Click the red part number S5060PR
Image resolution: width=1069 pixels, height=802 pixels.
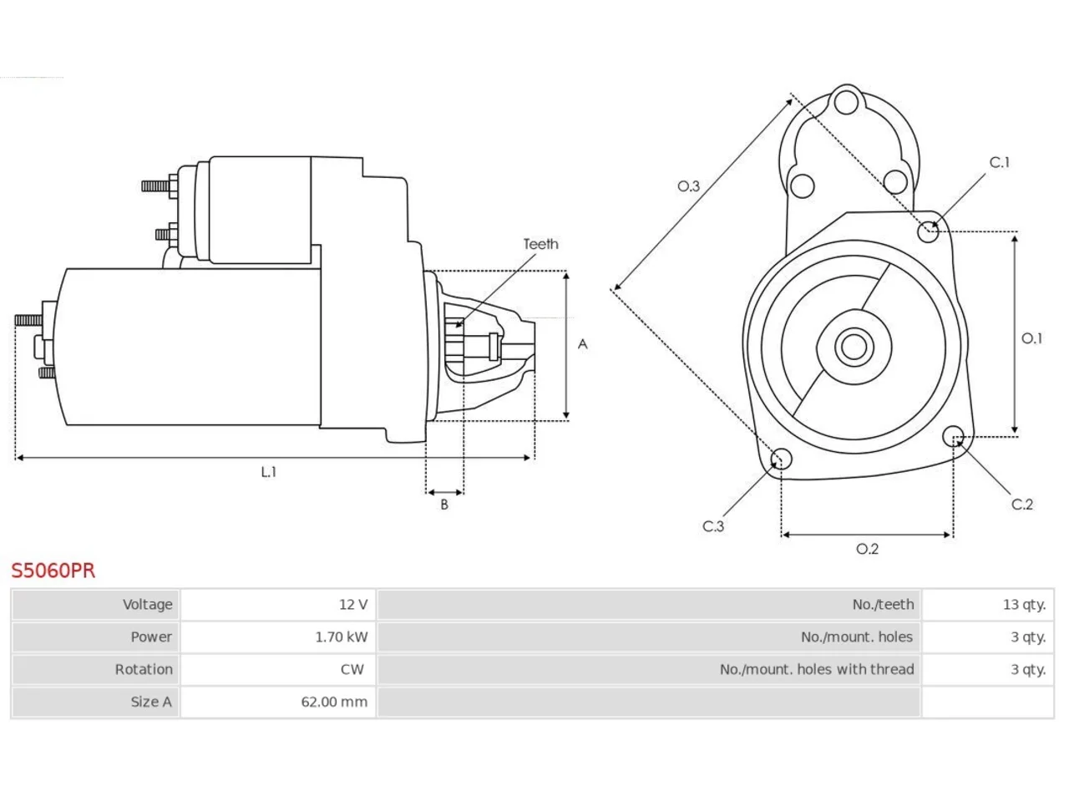click(53, 571)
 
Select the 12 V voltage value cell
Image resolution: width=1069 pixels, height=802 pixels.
click(278, 604)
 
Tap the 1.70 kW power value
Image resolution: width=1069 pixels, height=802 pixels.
click(342, 637)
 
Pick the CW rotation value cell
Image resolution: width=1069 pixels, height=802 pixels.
click(278, 669)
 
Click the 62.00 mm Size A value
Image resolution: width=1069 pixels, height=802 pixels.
click(334, 702)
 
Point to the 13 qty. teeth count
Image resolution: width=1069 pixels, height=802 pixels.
click(1024, 604)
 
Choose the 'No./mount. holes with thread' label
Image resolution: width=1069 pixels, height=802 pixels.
click(817, 669)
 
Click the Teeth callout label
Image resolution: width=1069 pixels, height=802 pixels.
click(540, 244)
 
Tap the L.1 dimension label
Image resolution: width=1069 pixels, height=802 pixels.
click(269, 471)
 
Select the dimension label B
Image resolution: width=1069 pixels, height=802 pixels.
click(444, 505)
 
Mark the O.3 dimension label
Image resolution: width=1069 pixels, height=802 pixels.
click(688, 186)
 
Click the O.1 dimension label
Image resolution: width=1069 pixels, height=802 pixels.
click(1031, 338)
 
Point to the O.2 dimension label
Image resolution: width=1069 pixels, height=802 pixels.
click(868, 549)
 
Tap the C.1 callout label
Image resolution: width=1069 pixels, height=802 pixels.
click(1000, 162)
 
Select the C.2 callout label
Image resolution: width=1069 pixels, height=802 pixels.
click(1021, 504)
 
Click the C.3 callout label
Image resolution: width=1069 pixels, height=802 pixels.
click(713, 526)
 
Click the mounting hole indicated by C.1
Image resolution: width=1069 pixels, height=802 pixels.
click(928, 231)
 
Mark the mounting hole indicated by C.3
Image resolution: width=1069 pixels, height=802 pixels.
click(781, 459)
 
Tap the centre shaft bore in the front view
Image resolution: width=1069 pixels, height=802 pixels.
click(854, 347)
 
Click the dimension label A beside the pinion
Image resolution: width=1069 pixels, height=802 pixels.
click(582, 344)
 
